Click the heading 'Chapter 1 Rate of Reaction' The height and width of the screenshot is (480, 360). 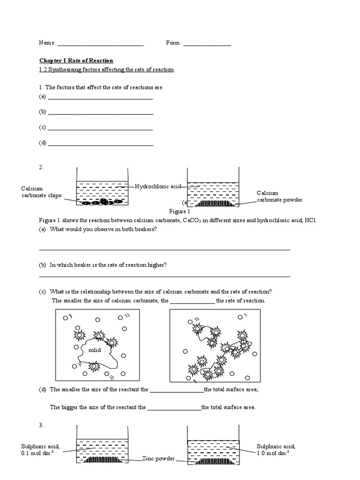click(75, 60)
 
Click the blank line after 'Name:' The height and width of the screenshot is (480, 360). click(100, 45)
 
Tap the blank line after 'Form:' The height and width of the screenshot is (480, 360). click(207, 45)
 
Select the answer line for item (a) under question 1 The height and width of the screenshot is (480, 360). click(100, 98)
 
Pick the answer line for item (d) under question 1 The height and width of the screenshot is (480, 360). click(100, 145)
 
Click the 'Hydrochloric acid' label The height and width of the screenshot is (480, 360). click(157, 187)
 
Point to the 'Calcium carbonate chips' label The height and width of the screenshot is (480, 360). click(41, 192)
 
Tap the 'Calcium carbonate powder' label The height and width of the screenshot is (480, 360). click(279, 196)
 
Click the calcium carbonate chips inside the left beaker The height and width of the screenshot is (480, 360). click(100, 202)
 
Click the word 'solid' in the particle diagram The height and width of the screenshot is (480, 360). click(95, 350)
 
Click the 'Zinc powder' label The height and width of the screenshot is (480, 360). click(158, 459)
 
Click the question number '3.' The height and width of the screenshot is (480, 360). click(41, 425)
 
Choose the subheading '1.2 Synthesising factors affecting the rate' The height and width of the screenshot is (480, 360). click(106, 69)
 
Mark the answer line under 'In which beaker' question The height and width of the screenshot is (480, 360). click(164, 276)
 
